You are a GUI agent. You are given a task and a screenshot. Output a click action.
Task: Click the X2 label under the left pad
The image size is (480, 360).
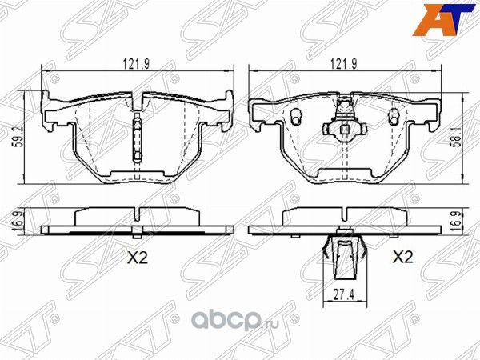tap(139, 258)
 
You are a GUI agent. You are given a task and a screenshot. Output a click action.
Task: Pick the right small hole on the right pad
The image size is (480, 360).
tap(393, 116)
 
